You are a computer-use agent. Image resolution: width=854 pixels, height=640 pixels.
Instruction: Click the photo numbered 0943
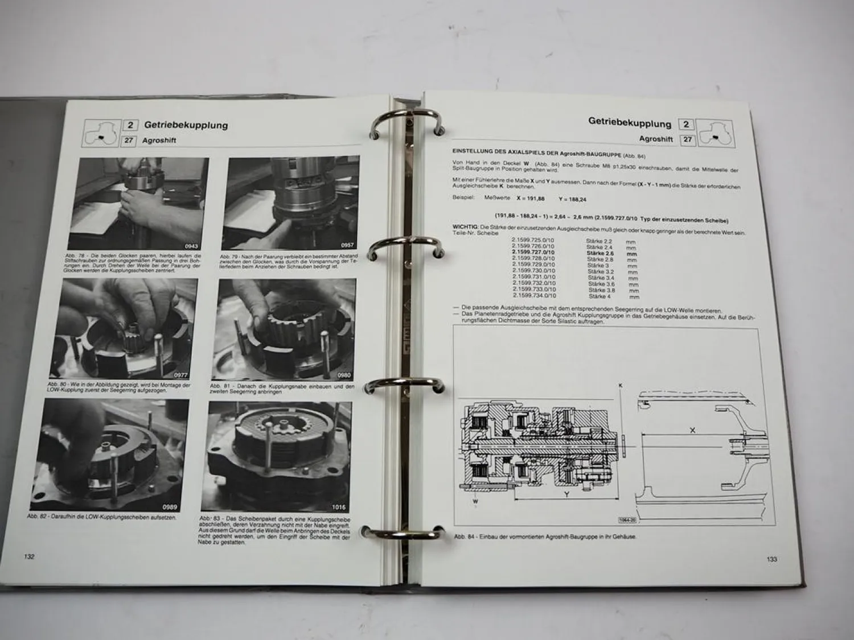click(142, 203)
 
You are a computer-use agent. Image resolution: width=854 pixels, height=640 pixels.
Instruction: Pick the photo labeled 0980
click(284, 329)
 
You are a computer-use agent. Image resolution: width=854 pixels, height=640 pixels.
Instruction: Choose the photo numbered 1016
click(280, 457)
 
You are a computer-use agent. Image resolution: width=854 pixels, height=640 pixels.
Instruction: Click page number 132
click(29, 556)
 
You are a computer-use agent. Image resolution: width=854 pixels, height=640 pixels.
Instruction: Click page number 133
click(771, 559)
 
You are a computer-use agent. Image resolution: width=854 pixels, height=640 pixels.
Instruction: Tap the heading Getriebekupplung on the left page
click(186, 125)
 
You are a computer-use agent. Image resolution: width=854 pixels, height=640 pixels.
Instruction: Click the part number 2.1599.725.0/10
click(533, 241)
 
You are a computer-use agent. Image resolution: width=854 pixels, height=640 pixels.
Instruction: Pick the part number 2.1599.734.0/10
click(534, 296)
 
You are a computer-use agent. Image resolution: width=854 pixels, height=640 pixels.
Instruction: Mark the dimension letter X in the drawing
click(692, 431)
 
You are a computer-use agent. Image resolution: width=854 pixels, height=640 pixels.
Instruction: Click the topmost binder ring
click(408, 124)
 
